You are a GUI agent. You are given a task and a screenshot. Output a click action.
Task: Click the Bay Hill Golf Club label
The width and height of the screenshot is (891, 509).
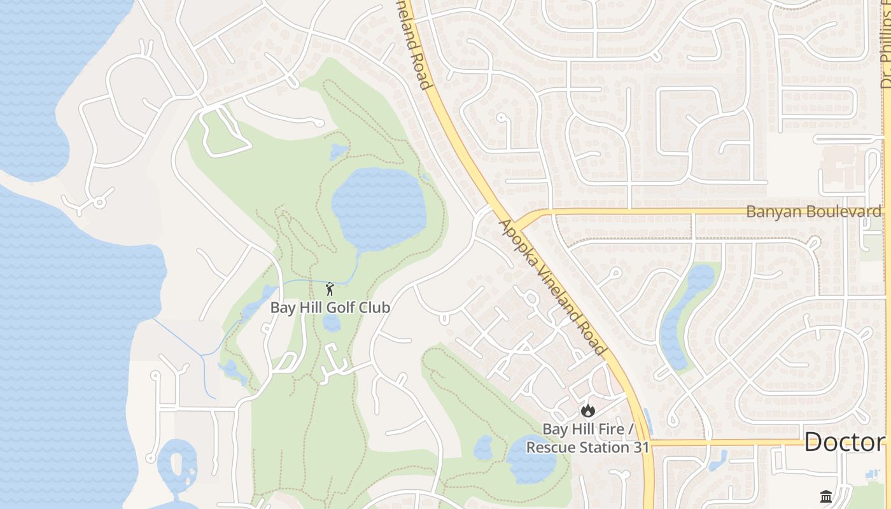(330, 307)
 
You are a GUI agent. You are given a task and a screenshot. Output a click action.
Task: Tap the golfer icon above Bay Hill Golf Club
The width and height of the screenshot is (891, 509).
(330, 289)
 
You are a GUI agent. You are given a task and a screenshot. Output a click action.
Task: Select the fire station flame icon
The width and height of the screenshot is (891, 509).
(587, 410)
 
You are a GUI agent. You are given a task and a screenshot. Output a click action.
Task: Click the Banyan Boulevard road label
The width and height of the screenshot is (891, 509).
(814, 212)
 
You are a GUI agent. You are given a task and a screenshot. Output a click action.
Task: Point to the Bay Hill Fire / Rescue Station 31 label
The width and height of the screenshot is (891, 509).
(587, 438)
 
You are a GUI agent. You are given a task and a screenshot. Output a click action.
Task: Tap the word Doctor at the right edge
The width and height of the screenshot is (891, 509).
(845, 442)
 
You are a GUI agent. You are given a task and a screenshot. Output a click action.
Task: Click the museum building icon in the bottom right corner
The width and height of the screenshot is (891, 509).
(826, 496)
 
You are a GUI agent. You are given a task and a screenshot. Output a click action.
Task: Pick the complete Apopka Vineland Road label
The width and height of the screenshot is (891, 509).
(552, 288)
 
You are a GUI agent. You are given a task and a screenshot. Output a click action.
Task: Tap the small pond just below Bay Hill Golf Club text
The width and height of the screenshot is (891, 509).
(331, 323)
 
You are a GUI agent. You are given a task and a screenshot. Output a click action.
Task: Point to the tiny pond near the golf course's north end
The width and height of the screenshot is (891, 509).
(338, 151)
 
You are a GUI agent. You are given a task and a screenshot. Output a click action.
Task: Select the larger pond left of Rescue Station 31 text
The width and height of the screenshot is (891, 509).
(531, 459)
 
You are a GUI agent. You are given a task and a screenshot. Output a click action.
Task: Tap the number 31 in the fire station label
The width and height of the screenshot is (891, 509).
(638, 447)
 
